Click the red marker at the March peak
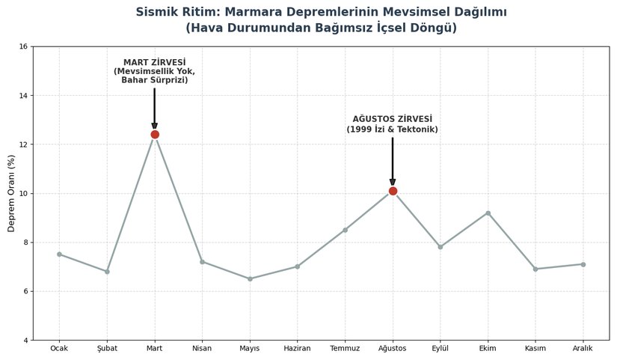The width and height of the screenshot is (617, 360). (155, 135)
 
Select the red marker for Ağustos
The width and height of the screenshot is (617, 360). (393, 191)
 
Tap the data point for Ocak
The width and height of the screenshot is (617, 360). (59, 254)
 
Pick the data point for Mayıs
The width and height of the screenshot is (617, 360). (250, 278)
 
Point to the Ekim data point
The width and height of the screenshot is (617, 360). (488, 213)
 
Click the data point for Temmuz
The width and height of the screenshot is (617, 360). (345, 230)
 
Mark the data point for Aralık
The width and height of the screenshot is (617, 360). (583, 264)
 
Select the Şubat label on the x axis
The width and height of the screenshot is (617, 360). (107, 349)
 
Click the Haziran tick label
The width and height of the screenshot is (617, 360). (297, 349)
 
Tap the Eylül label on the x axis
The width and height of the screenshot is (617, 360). (440, 349)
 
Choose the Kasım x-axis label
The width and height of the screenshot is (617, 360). (535, 349)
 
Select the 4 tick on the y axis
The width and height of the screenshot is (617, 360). (25, 341)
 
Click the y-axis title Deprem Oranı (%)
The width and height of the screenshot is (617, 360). (11, 193)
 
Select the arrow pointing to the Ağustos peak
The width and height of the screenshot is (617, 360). (393, 159)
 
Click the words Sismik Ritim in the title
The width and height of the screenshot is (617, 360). (174, 12)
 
